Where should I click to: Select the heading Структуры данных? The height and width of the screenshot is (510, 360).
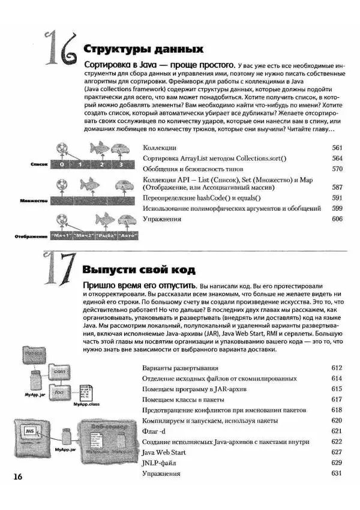pos(143,49)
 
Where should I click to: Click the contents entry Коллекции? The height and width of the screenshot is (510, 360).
pos(160,148)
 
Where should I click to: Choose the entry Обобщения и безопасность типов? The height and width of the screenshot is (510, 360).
pos(187,169)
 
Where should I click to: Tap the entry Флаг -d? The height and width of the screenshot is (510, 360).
pos(158,431)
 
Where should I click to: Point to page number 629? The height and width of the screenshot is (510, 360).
pos(337,463)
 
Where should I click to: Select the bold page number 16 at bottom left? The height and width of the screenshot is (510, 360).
pos(16,476)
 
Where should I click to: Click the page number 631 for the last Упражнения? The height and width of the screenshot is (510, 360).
pos(337,473)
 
